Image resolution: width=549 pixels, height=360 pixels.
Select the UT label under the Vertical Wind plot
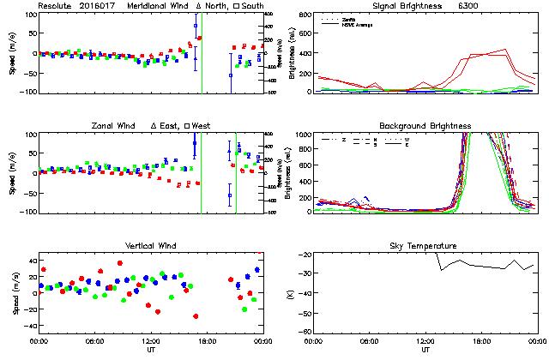(x=150, y=350)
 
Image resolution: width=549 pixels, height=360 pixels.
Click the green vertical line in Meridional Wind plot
(x=202, y=51)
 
